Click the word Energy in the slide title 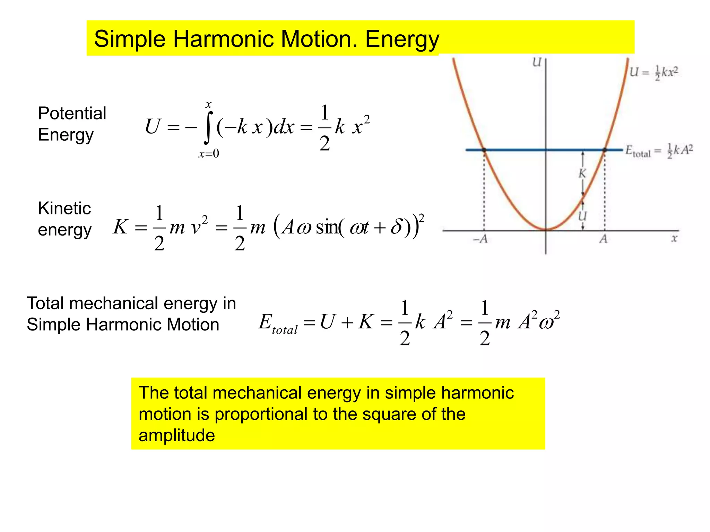coord(402,39)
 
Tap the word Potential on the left coord(72,113)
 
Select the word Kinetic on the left coord(64,208)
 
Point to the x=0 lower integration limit coord(209,153)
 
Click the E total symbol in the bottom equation coord(278,323)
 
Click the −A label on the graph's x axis coord(480,239)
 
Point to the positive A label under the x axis coord(604,239)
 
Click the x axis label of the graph coord(674,239)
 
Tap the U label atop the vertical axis coord(537,63)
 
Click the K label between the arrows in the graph coord(582,173)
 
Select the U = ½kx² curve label coord(653,72)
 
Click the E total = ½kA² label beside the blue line coord(659,151)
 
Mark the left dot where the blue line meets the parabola coord(484,150)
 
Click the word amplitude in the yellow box coord(177,435)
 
